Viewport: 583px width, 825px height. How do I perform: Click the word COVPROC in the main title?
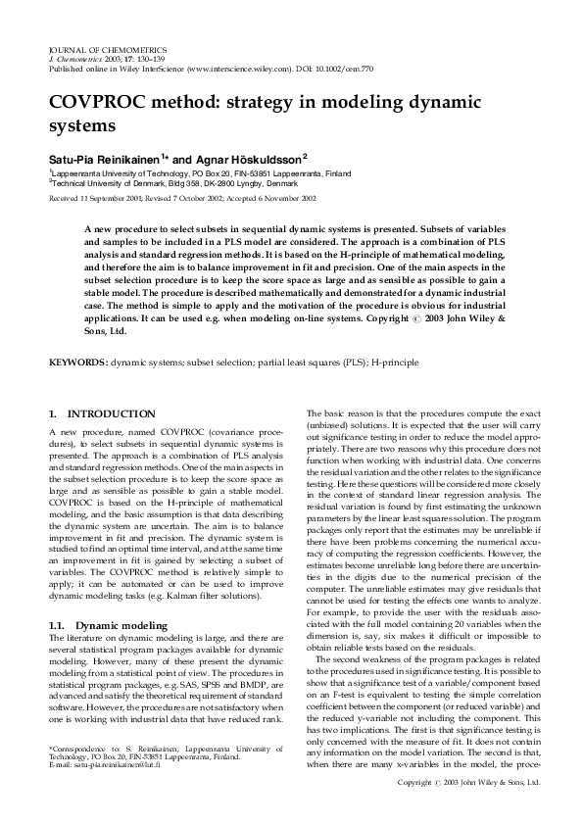click(98, 102)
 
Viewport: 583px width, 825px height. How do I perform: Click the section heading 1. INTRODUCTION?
click(102, 414)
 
